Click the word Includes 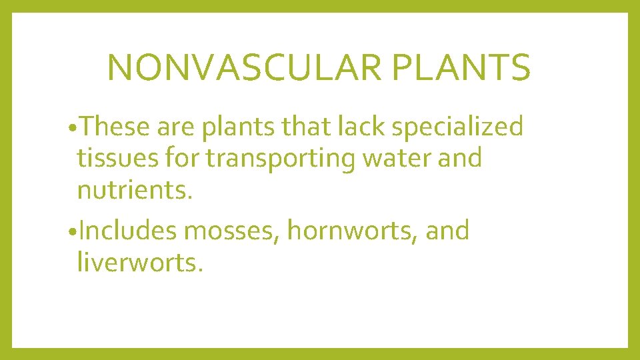[127, 231]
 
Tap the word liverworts [139, 263]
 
